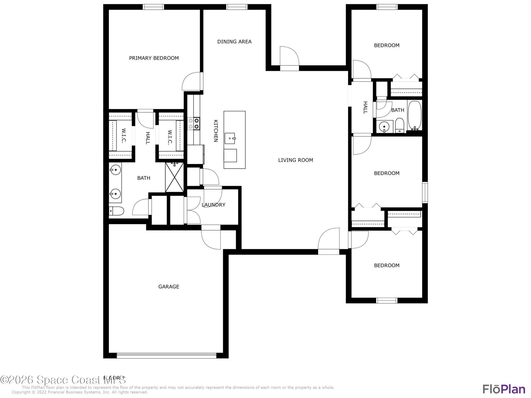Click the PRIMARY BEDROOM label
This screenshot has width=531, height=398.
tap(154, 58)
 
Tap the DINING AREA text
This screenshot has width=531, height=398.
tap(234, 42)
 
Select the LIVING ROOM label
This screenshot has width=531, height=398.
tap(295, 160)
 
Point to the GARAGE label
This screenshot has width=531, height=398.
tap(169, 287)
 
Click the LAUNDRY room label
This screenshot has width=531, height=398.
tap(213, 205)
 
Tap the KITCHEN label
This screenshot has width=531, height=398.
tap(216, 131)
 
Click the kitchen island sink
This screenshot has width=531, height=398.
tap(230, 138)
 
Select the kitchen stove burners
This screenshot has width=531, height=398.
tap(194, 124)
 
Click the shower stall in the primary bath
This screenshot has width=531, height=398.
tap(175, 177)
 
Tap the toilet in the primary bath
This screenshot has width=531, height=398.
tap(116, 211)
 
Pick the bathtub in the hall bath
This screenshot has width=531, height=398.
tap(415, 116)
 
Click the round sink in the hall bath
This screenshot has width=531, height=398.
tap(384, 127)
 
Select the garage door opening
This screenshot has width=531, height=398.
tap(166, 355)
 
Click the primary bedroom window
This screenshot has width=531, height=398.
tap(153, 7)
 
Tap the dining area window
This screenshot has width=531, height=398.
tap(237, 7)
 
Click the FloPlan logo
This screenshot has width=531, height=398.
tap(504, 389)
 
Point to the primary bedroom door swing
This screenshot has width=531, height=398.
tap(191, 81)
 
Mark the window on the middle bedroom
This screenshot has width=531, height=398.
tap(425, 192)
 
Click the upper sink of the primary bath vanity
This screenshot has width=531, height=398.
tap(115, 169)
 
